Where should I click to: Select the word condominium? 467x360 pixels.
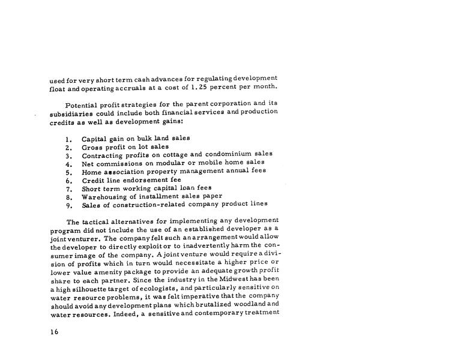tap(225, 154)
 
